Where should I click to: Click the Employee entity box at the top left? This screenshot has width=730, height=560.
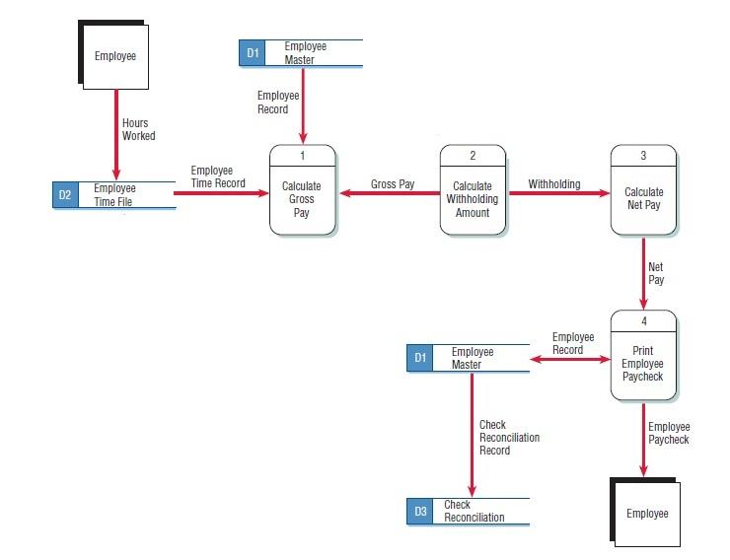coord(115,56)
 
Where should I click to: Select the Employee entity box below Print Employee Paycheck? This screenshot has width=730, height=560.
coord(646,513)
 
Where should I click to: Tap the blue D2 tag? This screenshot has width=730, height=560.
coord(65,195)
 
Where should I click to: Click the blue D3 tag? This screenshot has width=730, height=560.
coord(420,511)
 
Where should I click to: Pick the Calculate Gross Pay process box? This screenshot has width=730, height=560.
coord(302,198)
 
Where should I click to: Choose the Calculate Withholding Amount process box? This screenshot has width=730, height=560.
coord(473,198)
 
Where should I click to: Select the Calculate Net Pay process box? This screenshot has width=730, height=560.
coord(643,198)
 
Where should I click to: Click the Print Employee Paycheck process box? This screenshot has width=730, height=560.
coord(643,363)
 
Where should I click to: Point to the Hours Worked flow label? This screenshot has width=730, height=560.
coord(138,129)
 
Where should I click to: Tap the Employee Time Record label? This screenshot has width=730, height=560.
coord(218,176)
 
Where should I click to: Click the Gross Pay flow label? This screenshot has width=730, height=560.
coord(393,184)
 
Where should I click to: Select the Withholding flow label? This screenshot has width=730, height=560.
coord(554,184)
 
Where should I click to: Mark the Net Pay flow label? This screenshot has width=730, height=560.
coord(656,273)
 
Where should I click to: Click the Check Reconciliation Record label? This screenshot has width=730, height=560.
coord(508,438)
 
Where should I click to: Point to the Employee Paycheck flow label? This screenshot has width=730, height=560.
coord(669,433)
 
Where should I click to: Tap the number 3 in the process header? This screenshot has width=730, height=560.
coord(643,156)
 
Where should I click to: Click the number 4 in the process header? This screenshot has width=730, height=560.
coord(643,320)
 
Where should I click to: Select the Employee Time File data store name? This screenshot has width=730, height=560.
coord(114,195)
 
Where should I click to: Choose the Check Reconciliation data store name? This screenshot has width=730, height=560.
coord(474,511)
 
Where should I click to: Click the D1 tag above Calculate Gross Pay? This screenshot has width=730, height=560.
coord(253,53)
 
